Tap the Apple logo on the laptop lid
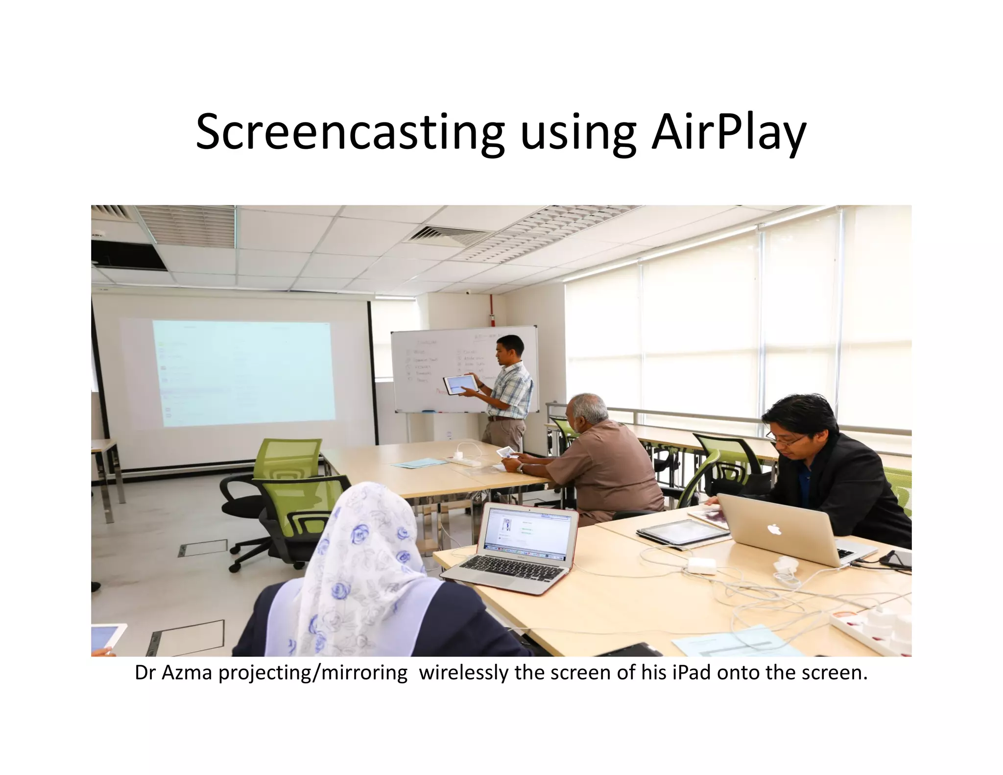click(773, 529)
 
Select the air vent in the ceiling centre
click(447, 234)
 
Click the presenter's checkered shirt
click(514, 389)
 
